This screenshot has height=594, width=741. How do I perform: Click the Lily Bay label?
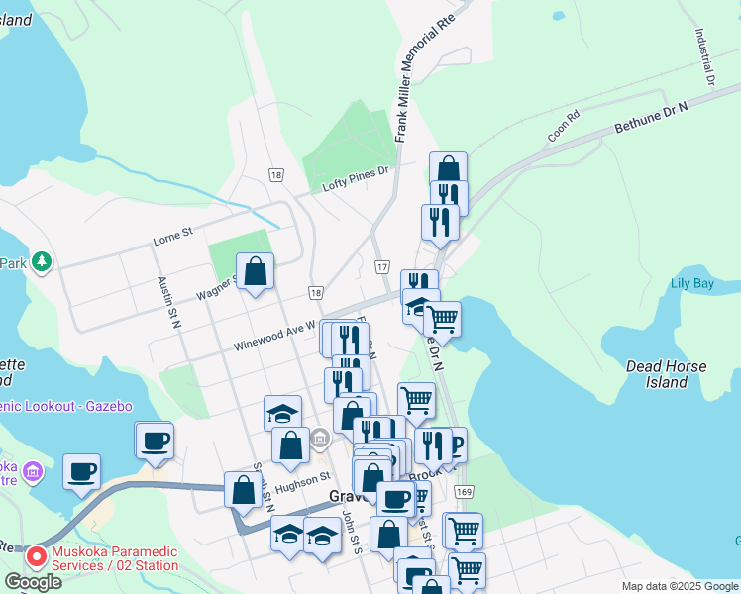pos(691,284)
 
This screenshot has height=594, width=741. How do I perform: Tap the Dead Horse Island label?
pos(666,374)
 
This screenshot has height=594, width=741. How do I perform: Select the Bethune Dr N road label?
pos(650,121)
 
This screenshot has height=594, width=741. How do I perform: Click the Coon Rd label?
pos(563,126)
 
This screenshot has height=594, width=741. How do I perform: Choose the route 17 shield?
pos(381,267)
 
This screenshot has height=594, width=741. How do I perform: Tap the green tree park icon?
pos(41,261)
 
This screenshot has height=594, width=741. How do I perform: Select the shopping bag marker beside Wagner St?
pos(256,270)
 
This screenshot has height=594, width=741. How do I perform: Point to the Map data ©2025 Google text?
pos(679,586)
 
